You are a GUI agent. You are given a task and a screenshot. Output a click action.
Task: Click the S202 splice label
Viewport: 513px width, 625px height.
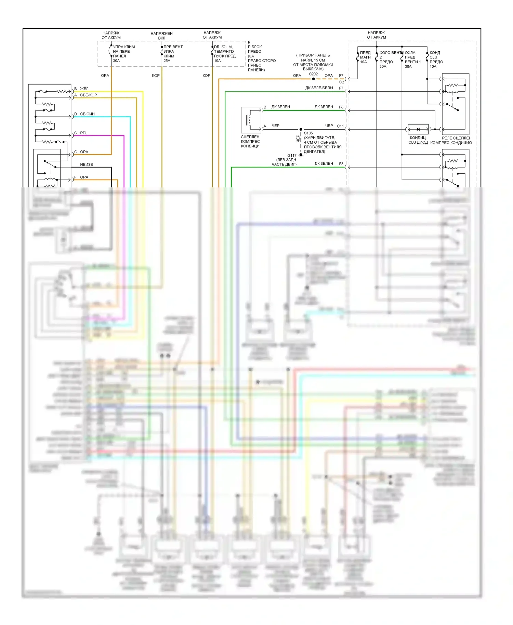(313, 74)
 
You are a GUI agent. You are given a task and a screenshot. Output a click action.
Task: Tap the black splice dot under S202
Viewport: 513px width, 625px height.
(314, 79)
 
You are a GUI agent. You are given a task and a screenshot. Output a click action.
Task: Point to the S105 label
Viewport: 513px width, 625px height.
(308, 133)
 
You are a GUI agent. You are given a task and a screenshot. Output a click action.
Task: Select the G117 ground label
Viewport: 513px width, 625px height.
(292, 155)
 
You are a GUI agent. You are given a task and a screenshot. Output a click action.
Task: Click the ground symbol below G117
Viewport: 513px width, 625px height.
(301, 156)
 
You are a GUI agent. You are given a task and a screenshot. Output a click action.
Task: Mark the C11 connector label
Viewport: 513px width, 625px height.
(340, 126)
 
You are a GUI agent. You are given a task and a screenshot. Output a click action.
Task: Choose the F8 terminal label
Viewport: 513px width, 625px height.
(341, 107)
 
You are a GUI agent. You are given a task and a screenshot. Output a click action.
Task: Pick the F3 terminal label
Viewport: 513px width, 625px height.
(341, 164)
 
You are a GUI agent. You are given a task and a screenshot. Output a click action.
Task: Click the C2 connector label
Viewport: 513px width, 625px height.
(341, 82)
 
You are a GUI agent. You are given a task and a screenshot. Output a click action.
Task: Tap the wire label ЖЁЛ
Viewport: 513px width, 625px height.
(84, 89)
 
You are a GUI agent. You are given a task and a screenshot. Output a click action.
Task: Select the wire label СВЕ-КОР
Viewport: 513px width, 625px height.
(88, 95)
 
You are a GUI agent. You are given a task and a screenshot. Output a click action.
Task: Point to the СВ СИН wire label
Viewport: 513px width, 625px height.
(87, 114)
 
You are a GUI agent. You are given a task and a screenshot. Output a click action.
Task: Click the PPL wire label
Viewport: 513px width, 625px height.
(84, 133)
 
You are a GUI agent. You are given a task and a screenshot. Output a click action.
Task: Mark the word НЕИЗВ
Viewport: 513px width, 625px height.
(87, 164)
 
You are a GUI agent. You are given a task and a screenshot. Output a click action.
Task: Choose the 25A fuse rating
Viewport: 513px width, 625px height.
(167, 61)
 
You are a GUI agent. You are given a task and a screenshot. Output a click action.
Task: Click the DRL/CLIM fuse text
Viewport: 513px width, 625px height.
(223, 47)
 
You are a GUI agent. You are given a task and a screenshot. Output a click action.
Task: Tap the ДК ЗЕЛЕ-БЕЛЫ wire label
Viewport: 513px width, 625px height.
(319, 88)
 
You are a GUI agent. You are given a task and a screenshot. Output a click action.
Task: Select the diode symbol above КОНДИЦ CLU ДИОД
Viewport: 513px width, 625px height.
(418, 129)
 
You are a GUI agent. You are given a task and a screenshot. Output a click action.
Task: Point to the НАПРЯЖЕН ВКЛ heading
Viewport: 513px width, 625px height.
(161, 36)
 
